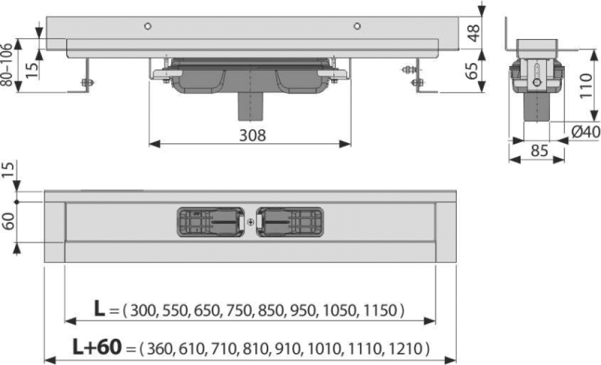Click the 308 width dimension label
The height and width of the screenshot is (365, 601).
coord(252,135)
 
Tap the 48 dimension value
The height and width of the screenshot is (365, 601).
coord(474,32)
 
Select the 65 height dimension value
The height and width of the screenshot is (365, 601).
coord(472,71)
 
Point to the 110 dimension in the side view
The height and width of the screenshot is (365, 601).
coord(586,86)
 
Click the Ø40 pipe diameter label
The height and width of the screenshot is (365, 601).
coord(585,132)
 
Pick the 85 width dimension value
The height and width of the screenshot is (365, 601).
coord(539,151)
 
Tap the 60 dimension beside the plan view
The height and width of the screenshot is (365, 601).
coord(8,222)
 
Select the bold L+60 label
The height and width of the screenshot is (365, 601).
coord(97,347)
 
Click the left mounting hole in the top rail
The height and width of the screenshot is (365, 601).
coord(148,26)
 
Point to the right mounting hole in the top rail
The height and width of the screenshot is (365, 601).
coord(357,26)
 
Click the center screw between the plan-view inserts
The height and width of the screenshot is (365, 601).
coord(250,222)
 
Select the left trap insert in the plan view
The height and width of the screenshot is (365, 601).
coord(210,222)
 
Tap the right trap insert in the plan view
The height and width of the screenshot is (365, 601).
coord(290,222)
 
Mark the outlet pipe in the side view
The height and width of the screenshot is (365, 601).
coord(537,107)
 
